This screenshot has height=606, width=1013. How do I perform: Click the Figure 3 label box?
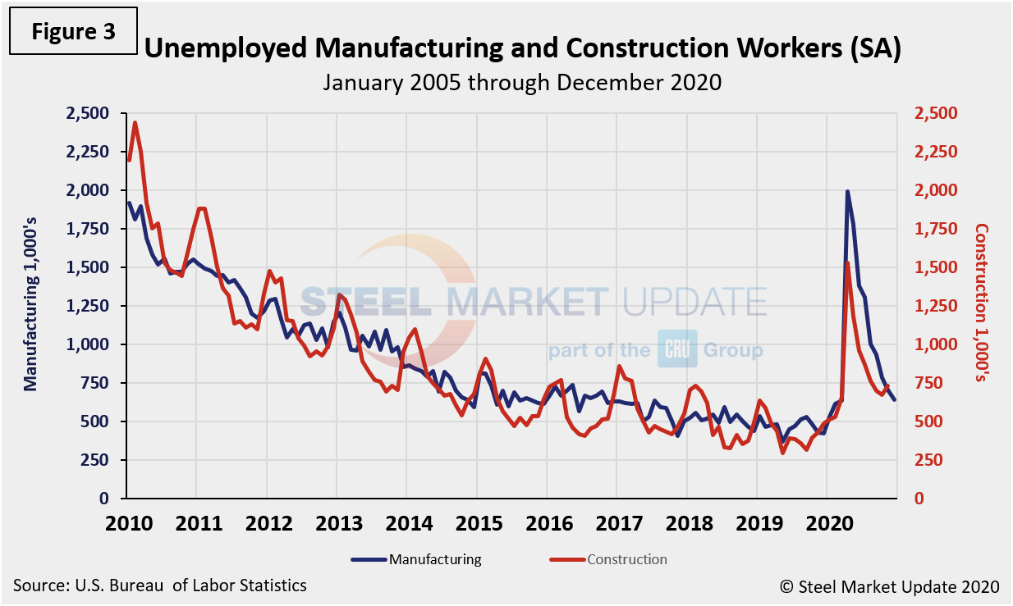click(x=74, y=32)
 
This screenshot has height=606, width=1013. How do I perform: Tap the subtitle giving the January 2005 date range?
click(x=522, y=82)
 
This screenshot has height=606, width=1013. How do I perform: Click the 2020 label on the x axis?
click(x=826, y=523)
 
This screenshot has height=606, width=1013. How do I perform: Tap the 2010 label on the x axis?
click(x=127, y=523)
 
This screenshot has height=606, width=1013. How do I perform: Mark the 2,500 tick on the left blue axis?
click(x=86, y=113)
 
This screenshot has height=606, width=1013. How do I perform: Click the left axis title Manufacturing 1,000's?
click(x=30, y=306)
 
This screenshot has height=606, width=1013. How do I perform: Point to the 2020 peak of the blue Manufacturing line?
click(x=847, y=192)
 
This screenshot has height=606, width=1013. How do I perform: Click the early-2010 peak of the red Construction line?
click(x=135, y=123)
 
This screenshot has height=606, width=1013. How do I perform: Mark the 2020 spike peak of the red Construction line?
click(x=846, y=262)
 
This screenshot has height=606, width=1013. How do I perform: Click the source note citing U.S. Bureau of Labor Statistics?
click(x=160, y=585)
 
